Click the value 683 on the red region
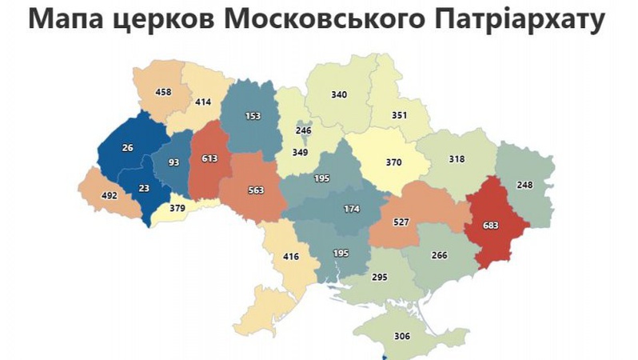[x=492, y=225]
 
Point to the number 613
[x=209, y=158]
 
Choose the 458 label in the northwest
[x=163, y=92]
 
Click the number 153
[x=253, y=115]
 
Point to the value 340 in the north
[x=339, y=94]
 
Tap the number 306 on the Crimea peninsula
[x=401, y=336]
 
